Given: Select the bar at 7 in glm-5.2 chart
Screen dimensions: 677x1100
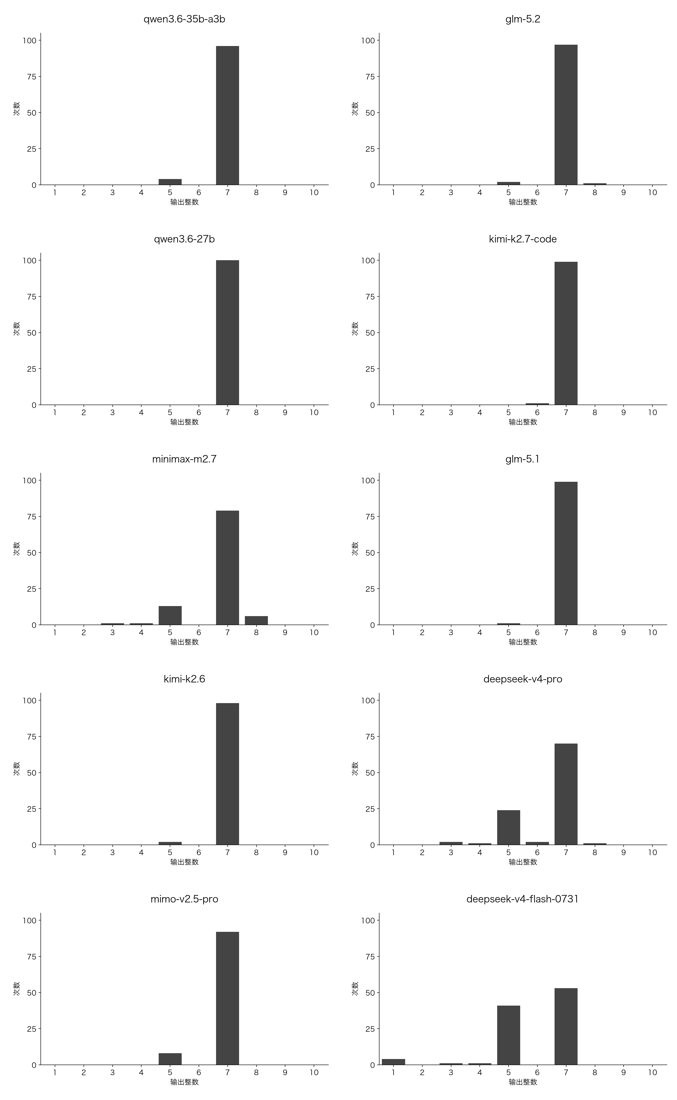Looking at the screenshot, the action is point(566,114).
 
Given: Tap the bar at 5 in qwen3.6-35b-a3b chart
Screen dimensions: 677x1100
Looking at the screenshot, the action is point(170,182).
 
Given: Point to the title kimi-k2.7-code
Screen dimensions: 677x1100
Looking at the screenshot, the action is point(523,239).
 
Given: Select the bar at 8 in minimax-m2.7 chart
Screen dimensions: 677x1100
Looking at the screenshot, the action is point(256,621).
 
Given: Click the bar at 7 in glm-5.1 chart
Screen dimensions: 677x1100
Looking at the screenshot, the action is point(566,553).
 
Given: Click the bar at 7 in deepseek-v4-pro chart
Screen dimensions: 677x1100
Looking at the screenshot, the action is point(566,794).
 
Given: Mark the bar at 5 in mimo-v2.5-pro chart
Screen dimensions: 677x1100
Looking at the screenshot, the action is point(170,1059).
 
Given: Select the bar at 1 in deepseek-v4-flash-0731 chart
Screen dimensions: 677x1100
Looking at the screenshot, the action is point(394,1062).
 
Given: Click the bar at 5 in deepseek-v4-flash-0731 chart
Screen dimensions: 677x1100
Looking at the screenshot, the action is point(509,1035).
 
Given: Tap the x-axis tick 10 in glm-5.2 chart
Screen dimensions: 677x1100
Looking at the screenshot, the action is point(652,192).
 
